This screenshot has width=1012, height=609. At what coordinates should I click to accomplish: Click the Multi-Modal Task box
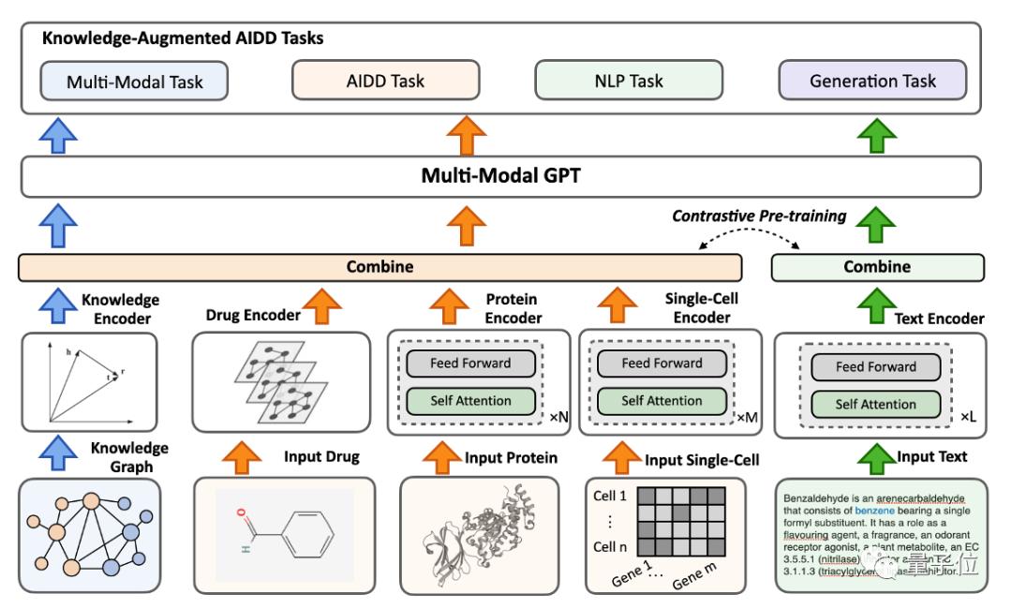pyautogui.click(x=134, y=82)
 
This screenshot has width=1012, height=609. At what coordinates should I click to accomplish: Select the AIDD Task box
pyautogui.click(x=384, y=81)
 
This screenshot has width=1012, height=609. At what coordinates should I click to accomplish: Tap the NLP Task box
pyautogui.click(x=628, y=81)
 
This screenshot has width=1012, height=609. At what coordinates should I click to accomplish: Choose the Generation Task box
pyautogui.click(x=872, y=81)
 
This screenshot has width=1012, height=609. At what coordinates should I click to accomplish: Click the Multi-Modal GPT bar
pyautogui.click(x=500, y=175)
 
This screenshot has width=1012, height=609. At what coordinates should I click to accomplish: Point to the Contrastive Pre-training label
pyautogui.click(x=759, y=216)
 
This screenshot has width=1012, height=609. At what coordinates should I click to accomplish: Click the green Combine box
pyautogui.click(x=877, y=267)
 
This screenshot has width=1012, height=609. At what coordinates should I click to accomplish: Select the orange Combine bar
pyautogui.click(x=379, y=267)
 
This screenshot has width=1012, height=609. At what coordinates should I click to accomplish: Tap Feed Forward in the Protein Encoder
pyautogui.click(x=470, y=363)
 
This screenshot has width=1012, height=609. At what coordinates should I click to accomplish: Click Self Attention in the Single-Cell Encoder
pyautogui.click(x=662, y=401)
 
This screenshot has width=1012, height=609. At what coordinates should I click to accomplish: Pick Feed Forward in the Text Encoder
pyautogui.click(x=875, y=366)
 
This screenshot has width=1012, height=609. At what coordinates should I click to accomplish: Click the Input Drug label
pyautogui.click(x=321, y=457)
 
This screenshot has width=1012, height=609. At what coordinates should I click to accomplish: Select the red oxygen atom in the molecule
pyautogui.click(x=241, y=513)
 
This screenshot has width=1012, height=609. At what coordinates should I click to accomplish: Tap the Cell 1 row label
pyautogui.click(x=610, y=496)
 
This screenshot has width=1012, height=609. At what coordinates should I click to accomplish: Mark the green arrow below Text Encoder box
pyautogui.click(x=877, y=457)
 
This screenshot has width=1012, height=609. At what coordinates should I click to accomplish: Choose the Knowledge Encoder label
pyautogui.click(x=120, y=308)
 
